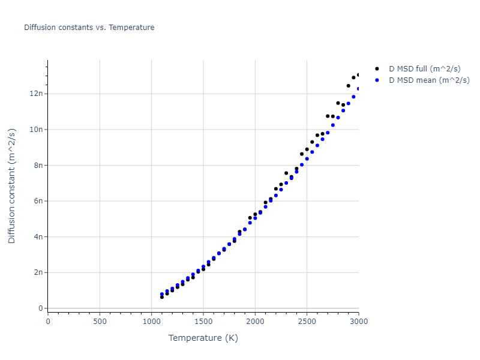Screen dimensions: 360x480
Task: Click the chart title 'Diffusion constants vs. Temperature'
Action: tap(89, 28)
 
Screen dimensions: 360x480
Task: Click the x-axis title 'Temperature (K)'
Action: tap(203, 338)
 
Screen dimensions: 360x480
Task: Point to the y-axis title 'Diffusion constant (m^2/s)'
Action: tap(12, 185)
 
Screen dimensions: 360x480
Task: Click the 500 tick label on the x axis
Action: tap(100, 321)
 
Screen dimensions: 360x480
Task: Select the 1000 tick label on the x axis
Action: tap(151, 321)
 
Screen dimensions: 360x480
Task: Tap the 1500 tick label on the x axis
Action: tap(203, 321)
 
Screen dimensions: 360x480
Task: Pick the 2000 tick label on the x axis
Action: tap(255, 321)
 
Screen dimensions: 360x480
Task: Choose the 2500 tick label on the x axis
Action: tap(307, 321)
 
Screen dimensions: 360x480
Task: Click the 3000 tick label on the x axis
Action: tap(358, 321)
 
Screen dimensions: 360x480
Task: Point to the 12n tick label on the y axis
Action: tap(37, 94)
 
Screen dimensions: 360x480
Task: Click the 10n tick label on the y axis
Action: tap(37, 130)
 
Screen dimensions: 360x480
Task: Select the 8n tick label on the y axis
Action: tap(39, 165)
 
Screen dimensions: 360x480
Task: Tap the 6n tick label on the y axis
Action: tap(39, 201)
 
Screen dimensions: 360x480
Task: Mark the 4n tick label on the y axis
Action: tap(39, 236)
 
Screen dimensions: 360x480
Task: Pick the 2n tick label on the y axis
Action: tap(39, 272)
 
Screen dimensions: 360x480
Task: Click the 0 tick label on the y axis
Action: tap(41, 308)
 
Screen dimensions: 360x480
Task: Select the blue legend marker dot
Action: tap(377, 80)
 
